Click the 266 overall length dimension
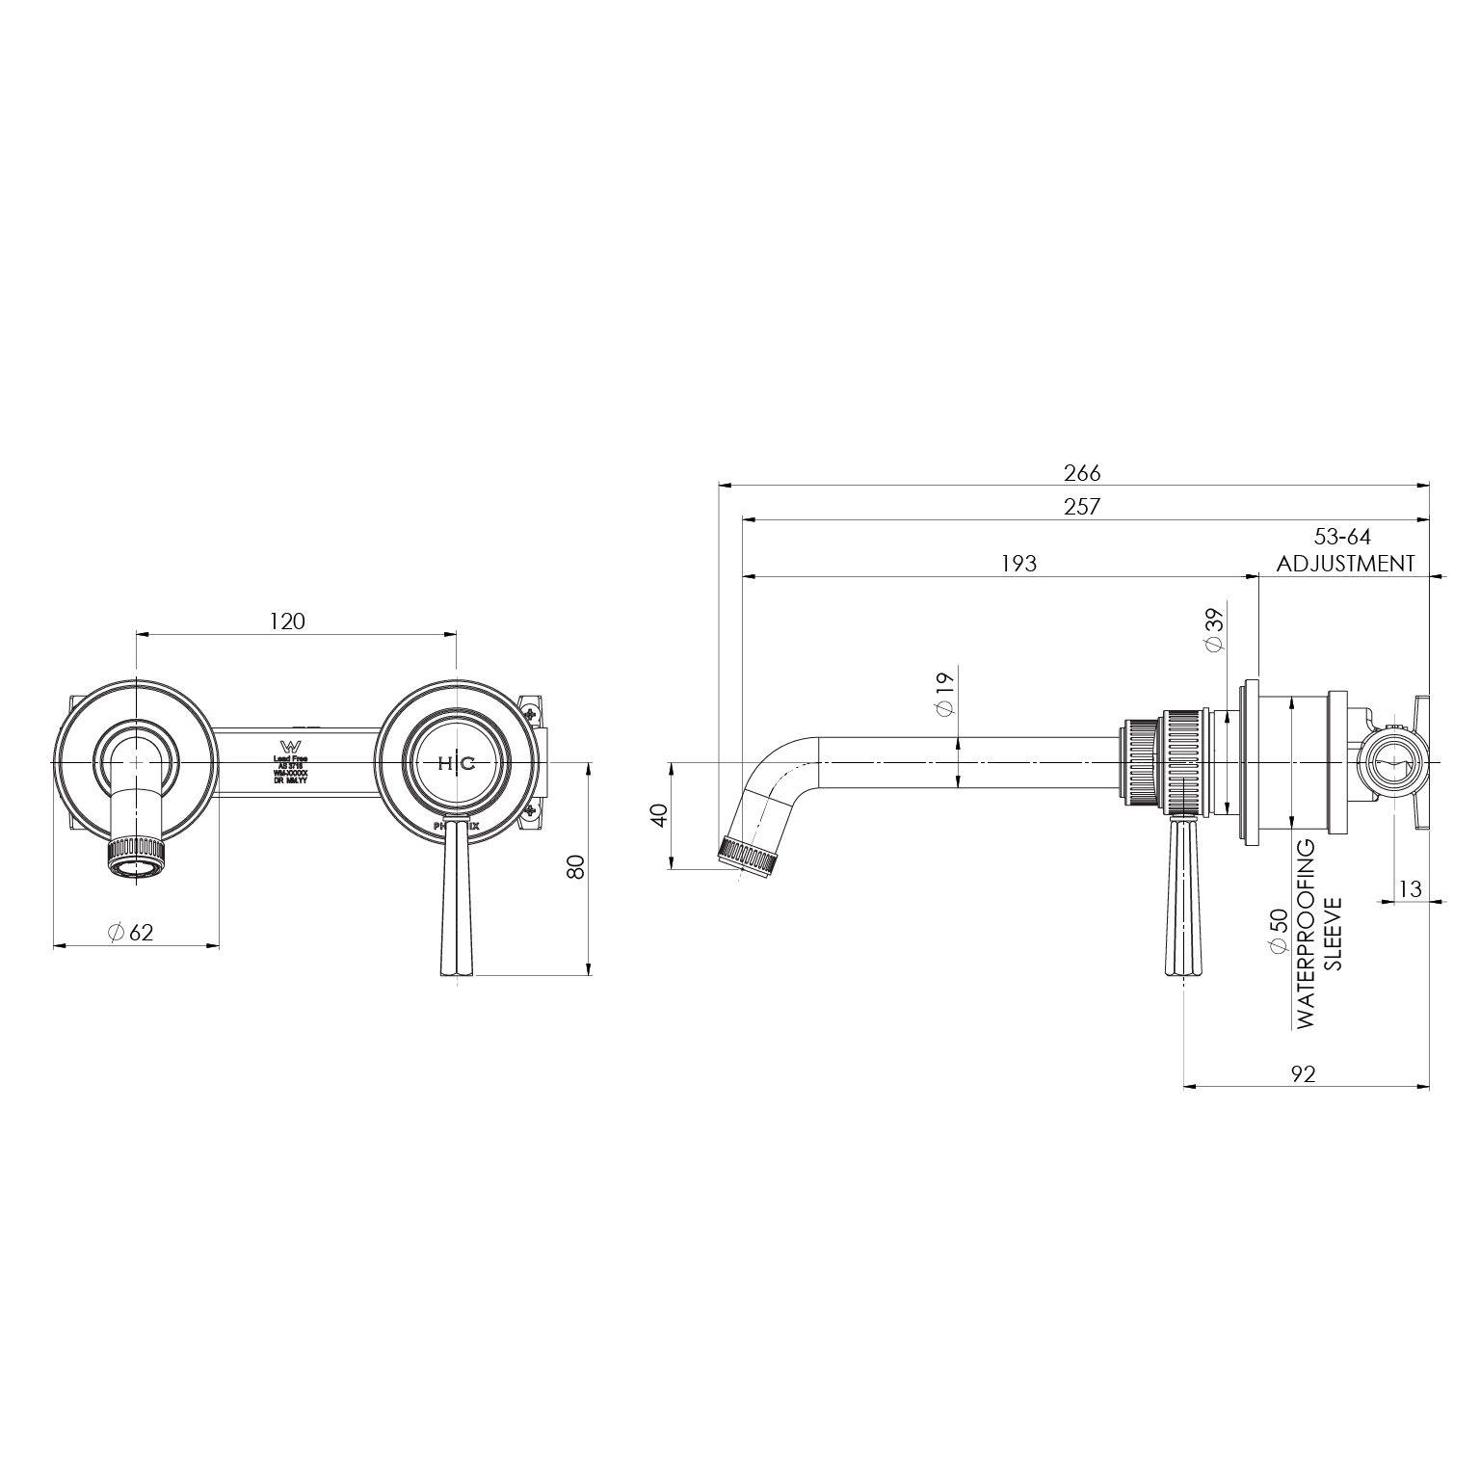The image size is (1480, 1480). (x=1081, y=473)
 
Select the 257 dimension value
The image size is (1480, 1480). (x=1081, y=507)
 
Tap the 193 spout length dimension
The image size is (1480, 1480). (x=1018, y=564)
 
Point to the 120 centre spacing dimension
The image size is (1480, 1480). (x=286, y=621)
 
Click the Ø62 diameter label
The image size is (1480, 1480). (x=130, y=933)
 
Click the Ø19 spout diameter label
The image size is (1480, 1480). (x=944, y=695)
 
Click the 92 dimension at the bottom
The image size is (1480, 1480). (x=1303, y=1074)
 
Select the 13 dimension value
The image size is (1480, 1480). (x=1410, y=889)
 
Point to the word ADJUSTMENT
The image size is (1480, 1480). (x=1346, y=564)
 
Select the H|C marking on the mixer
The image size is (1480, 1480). (x=456, y=763)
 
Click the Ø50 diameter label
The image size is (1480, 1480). (x=1278, y=932)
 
